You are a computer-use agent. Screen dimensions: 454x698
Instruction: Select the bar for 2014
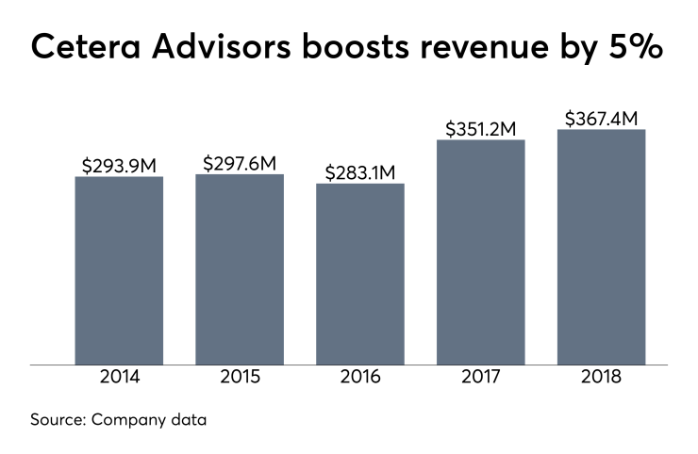[x=119, y=269]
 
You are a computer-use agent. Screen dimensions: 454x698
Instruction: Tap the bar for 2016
[x=360, y=273]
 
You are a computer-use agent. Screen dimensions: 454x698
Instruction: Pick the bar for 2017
[x=481, y=251]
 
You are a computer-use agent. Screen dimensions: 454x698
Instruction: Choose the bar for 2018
[x=602, y=246]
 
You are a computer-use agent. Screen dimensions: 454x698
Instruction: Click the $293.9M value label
[x=119, y=166]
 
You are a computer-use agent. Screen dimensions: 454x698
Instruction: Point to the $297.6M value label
[x=240, y=163]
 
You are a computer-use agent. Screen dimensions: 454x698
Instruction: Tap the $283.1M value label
[x=360, y=172]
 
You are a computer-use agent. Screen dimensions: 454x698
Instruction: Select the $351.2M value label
[x=481, y=129]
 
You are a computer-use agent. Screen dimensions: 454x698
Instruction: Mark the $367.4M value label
[x=602, y=119]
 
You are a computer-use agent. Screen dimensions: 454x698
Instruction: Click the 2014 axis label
[x=119, y=378]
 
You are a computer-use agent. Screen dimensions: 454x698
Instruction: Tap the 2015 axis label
[x=240, y=378]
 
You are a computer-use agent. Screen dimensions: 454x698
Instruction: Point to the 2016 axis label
[x=360, y=378]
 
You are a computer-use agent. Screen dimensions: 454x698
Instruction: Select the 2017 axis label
[x=481, y=378]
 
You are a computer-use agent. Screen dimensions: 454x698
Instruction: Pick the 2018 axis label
[x=602, y=378]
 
